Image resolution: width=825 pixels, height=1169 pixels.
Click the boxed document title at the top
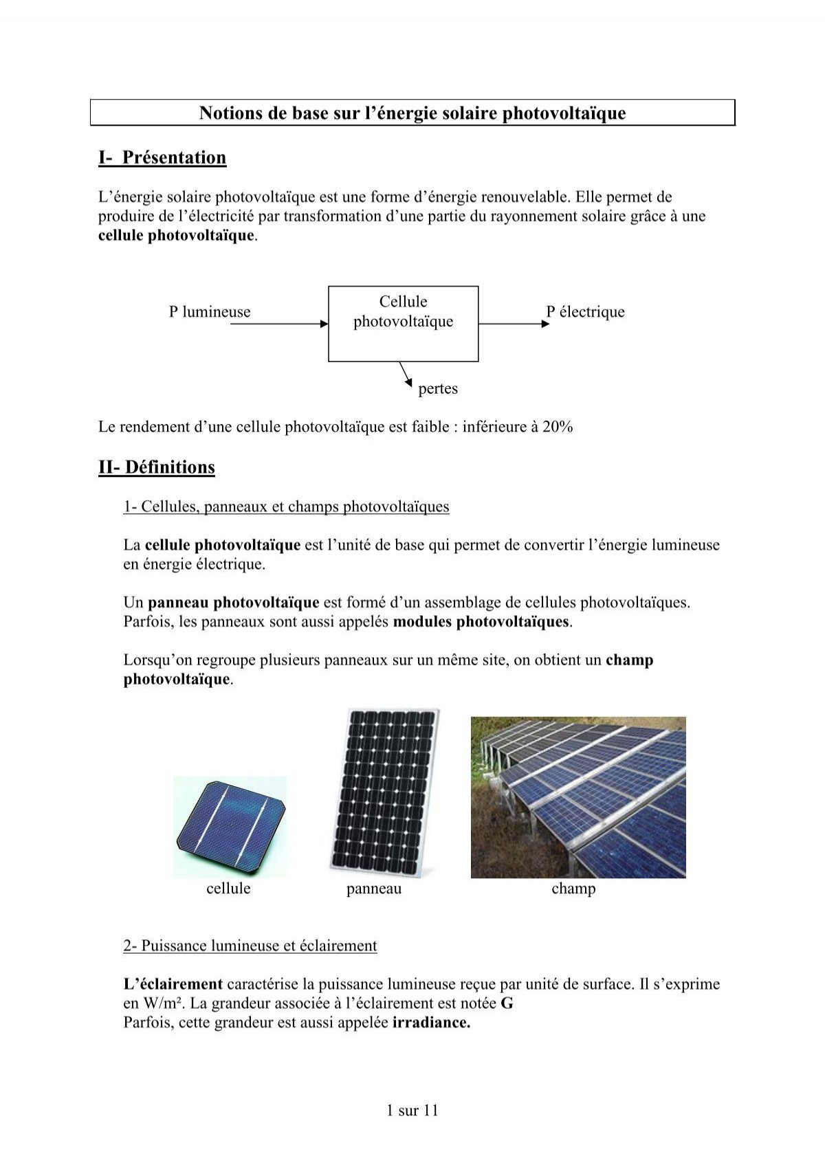tap(412, 113)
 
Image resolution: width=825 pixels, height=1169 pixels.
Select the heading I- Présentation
tap(162, 158)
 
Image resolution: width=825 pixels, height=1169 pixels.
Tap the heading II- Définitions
tap(157, 467)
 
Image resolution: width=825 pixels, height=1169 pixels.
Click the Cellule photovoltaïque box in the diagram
tap(403, 323)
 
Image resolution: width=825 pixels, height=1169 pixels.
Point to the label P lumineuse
tap(210, 312)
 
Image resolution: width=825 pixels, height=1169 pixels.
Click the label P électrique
tap(585, 312)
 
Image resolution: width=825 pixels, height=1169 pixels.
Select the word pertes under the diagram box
tap(438, 389)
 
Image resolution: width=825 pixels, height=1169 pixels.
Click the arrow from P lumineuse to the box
tap(278, 324)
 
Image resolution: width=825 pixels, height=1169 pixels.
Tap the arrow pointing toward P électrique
tap(514, 324)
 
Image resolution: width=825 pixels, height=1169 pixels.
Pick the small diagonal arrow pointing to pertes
tap(406, 374)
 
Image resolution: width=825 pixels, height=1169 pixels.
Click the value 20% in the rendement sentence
tap(558, 427)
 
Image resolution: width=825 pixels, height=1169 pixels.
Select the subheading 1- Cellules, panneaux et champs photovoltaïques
tap(286, 507)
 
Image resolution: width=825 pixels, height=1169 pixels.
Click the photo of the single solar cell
tap(230, 827)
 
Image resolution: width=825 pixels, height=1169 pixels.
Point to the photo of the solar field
tap(578, 797)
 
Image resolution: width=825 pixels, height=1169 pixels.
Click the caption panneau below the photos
tap(374, 889)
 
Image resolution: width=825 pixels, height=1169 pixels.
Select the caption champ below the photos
tap(573, 889)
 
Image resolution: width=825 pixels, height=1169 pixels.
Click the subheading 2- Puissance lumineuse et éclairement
tap(250, 946)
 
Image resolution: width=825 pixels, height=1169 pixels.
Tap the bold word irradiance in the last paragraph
tap(431, 1023)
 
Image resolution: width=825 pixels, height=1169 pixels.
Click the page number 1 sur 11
tap(412, 1111)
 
